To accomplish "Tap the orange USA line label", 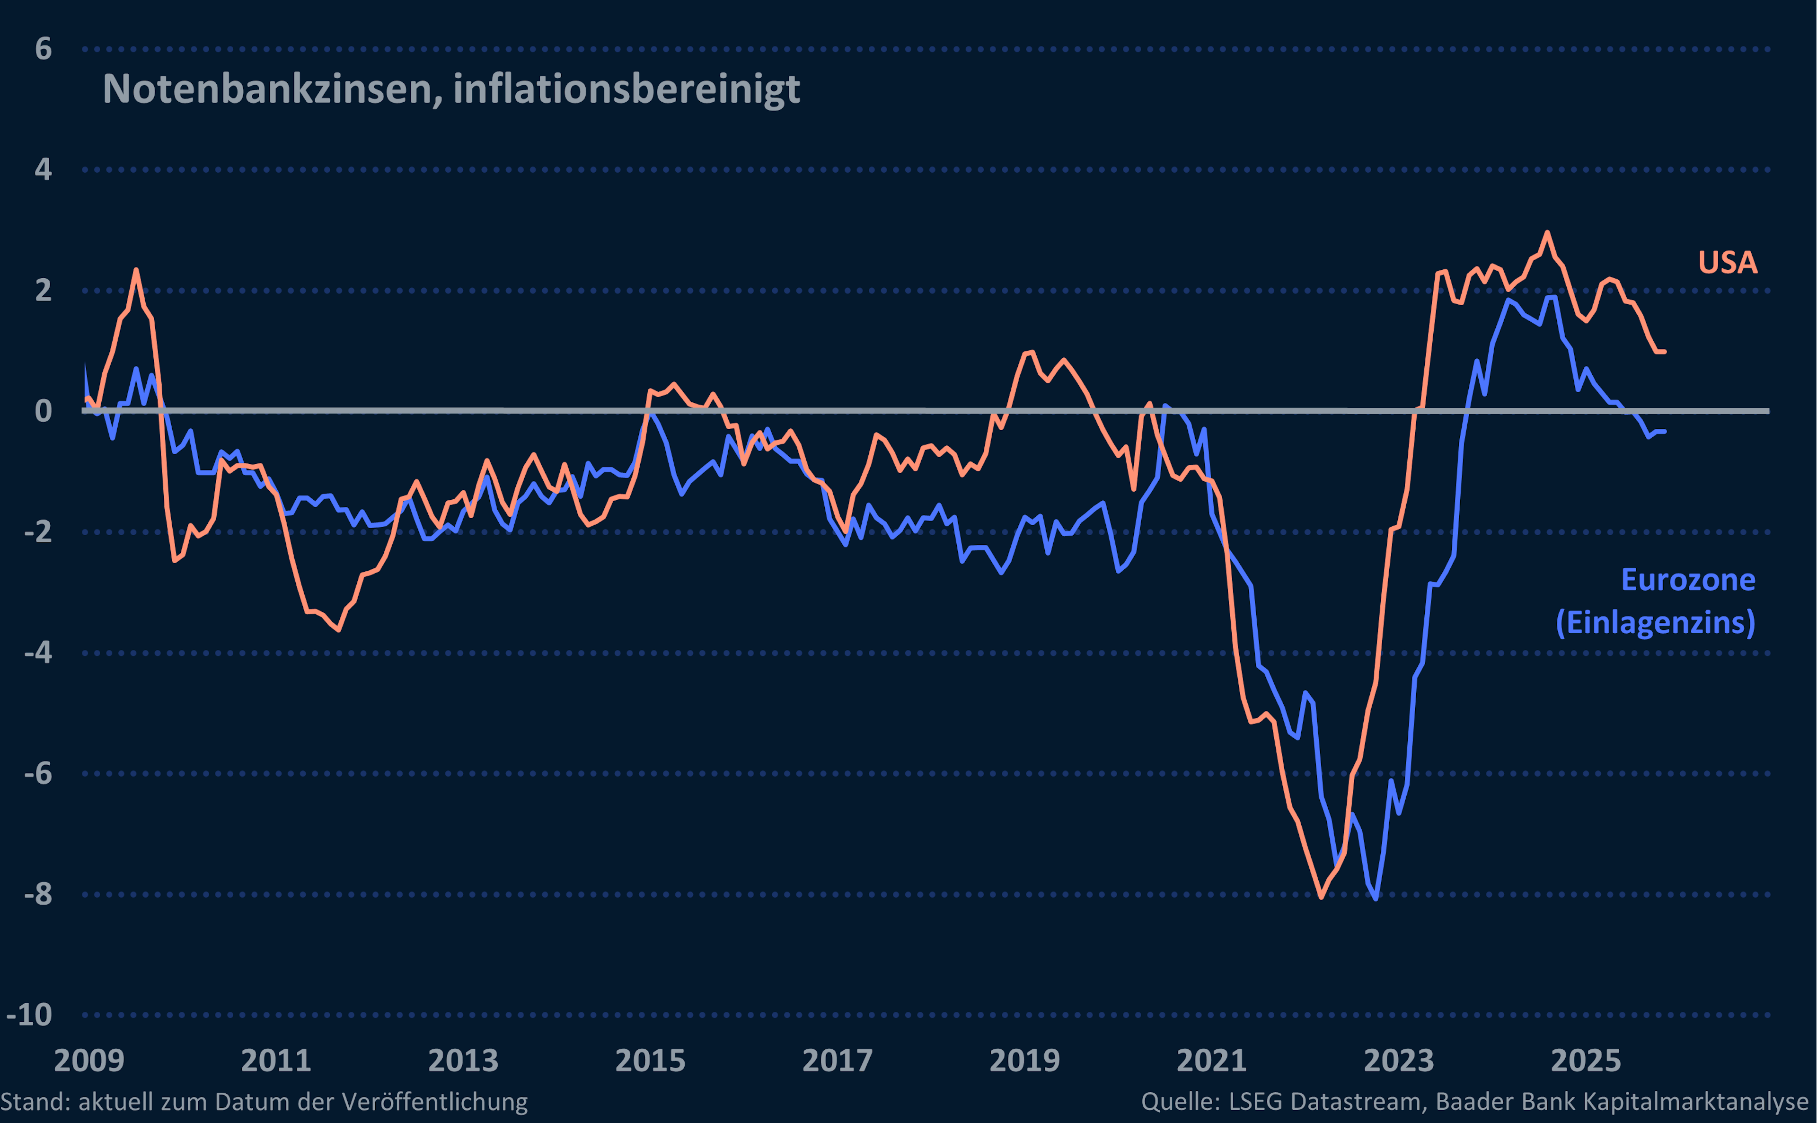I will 1727,262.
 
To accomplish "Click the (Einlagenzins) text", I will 1655,622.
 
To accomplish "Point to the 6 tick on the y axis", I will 43,49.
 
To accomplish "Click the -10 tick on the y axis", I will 30,1015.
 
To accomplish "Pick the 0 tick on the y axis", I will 43,411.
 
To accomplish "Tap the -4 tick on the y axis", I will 37,653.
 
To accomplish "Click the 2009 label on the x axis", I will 89,1060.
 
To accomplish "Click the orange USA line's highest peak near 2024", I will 1547,232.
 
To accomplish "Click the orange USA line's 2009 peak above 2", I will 136,270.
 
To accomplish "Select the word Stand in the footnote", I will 34,1101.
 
